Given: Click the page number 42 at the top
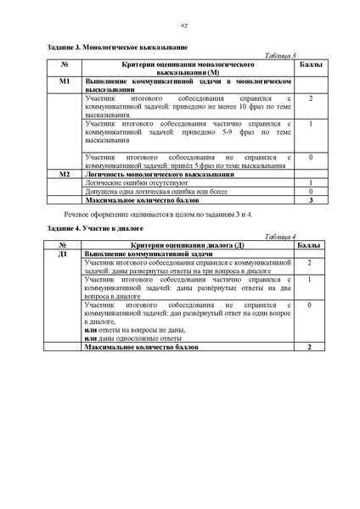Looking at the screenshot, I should pos(183,26).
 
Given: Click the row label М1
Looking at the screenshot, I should pos(65,81).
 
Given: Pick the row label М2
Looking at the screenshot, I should pos(65,174).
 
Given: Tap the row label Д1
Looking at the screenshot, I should pos(63,254).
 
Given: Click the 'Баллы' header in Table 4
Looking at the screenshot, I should pos(311,245).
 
